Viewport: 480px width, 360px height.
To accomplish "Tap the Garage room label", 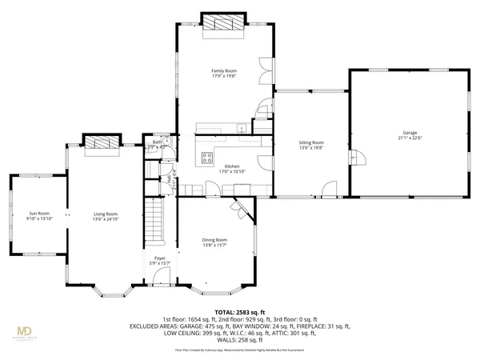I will click(410, 132).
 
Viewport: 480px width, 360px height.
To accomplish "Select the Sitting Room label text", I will click(311, 142).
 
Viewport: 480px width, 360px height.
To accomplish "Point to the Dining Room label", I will click(214, 239).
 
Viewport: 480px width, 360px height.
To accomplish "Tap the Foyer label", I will click(160, 258).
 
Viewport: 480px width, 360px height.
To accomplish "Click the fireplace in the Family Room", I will click(223, 26).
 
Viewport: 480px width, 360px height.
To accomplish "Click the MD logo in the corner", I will click(26, 330).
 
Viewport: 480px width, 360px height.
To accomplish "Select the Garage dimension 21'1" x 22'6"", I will click(410, 138).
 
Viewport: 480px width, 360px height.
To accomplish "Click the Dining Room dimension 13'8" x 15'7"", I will click(214, 245).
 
